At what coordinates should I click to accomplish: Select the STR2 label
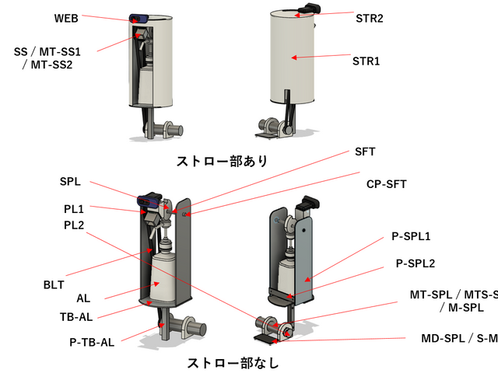tap(369, 16)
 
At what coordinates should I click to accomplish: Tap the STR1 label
tap(366, 60)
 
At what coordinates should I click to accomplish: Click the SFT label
tap(365, 152)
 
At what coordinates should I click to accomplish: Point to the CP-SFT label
tap(387, 184)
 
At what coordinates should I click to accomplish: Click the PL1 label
tap(75, 209)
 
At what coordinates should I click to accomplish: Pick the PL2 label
tap(75, 225)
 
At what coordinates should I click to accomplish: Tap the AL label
tap(84, 298)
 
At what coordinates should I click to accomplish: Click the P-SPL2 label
tap(416, 263)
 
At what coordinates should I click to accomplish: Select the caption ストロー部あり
tap(223, 162)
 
